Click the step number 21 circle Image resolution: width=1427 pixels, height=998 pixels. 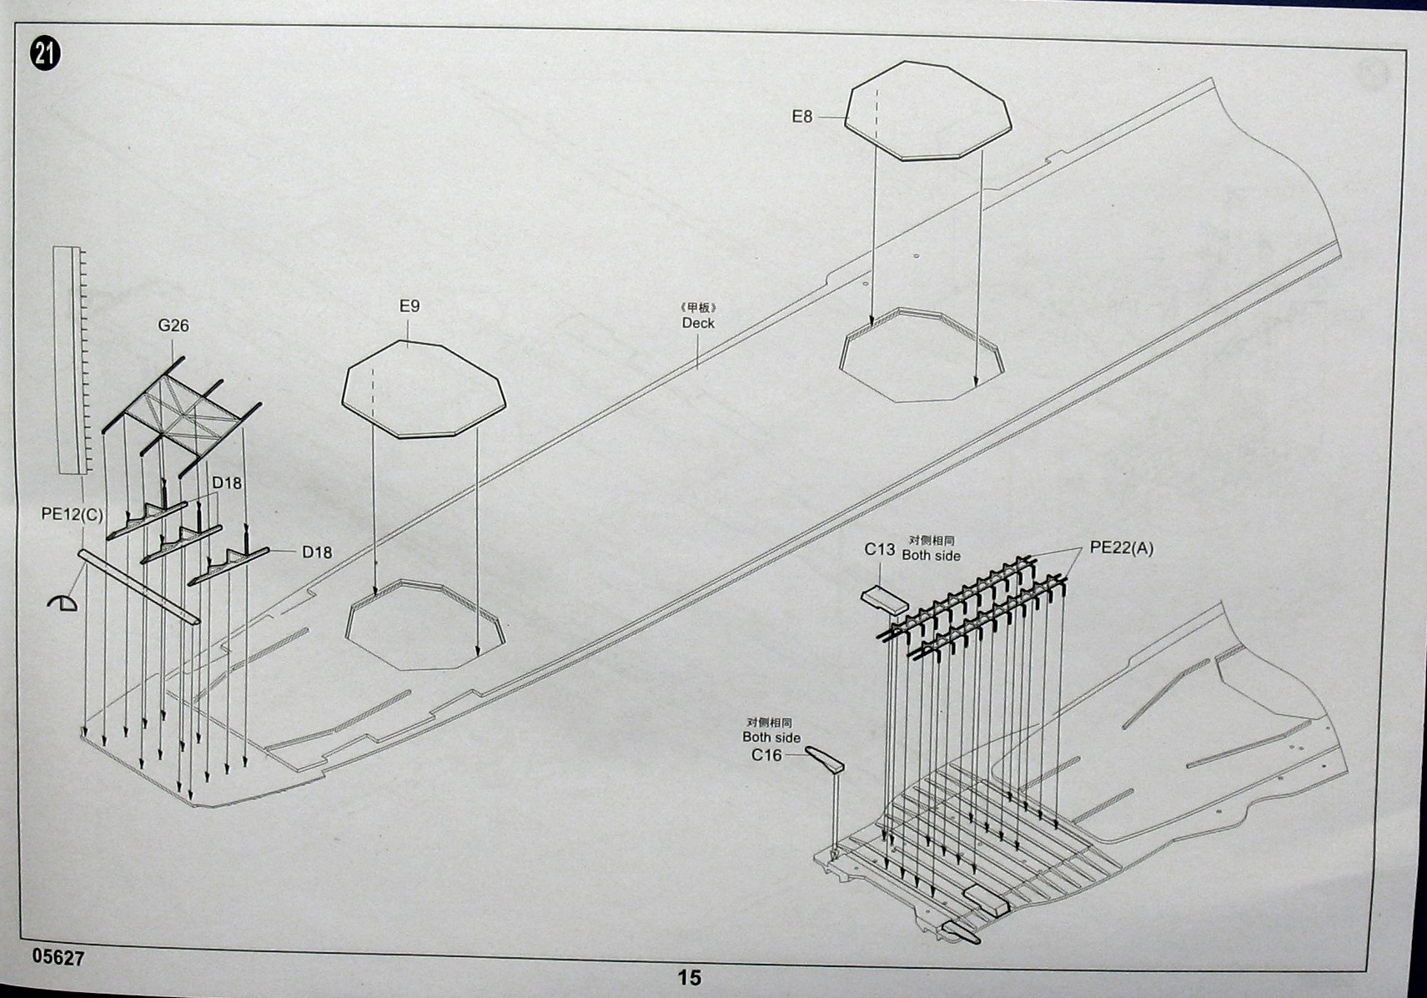44,54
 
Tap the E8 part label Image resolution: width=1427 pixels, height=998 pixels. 802,117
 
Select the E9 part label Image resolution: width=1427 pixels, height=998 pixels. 410,306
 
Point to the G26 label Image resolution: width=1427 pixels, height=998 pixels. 173,325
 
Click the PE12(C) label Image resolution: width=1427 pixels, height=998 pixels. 72,514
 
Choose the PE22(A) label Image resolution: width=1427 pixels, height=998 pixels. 1121,548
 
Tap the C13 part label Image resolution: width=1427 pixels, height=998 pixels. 879,549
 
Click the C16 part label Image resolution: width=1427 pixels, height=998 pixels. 766,755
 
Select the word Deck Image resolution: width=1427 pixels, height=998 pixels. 698,323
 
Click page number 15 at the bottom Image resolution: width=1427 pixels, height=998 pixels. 689,978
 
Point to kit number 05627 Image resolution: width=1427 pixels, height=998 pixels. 58,958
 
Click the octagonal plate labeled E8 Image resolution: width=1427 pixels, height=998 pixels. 927,111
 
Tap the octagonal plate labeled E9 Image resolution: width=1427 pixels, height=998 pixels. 424,389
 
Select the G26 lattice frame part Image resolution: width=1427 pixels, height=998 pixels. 182,417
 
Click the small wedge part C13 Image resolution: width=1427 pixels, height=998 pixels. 883,600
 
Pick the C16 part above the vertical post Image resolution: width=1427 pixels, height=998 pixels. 824,759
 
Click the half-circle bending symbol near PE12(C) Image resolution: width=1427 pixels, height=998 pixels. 63,602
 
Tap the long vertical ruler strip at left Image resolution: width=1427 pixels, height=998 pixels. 72,360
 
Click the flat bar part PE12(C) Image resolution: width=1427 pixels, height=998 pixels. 139,587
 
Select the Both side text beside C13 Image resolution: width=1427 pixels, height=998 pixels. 931,556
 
